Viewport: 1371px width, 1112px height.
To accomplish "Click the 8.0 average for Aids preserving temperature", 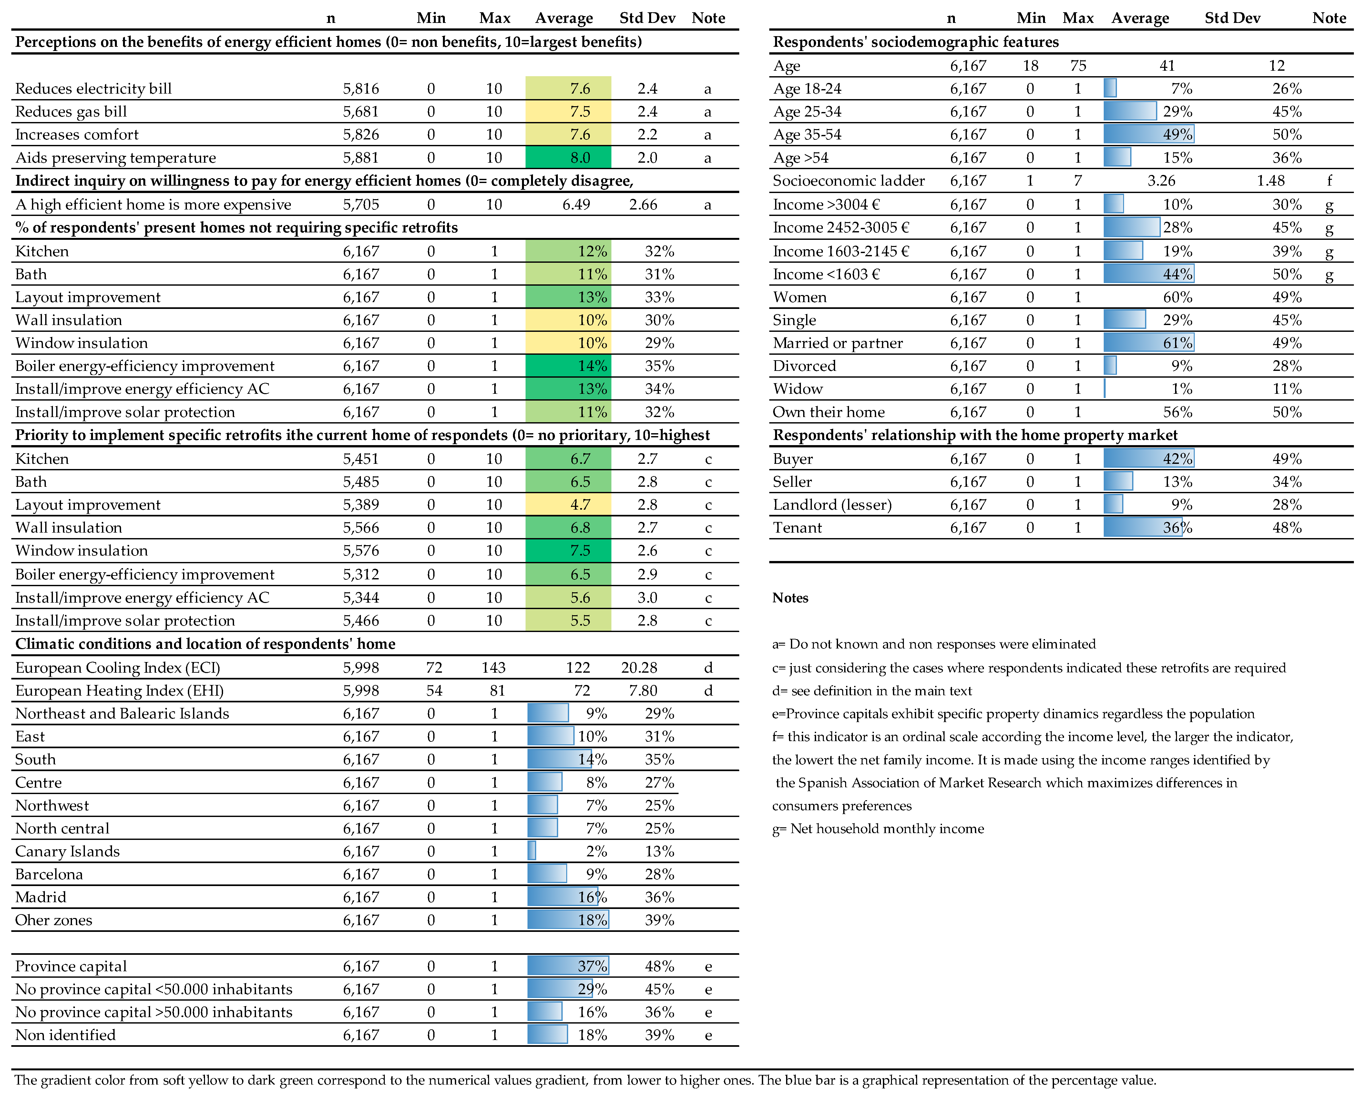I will point(580,158).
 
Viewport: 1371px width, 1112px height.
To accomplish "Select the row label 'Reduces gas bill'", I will point(71,111).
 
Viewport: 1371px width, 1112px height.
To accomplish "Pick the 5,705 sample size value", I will point(361,204).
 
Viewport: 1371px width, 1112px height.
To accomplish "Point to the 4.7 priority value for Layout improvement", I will point(580,505).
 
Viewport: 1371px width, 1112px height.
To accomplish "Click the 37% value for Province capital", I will point(592,966).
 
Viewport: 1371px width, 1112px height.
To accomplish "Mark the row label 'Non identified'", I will point(65,1035).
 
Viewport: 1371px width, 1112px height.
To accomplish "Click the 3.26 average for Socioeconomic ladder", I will point(1161,181).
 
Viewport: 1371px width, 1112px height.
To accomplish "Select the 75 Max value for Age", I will point(1078,65).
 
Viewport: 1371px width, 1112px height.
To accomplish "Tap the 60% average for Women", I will point(1178,297).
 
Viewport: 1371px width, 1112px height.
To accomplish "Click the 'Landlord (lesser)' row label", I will point(832,505).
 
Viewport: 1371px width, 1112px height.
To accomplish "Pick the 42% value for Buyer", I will point(1178,459).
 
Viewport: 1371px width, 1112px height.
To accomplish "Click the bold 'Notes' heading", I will point(790,597).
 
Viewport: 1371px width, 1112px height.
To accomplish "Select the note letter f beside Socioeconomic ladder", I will point(1329,181).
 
